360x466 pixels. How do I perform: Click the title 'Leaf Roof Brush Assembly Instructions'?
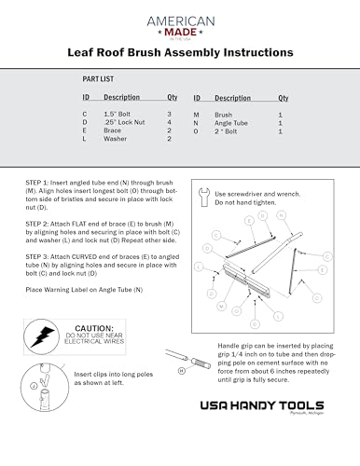point(179,55)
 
